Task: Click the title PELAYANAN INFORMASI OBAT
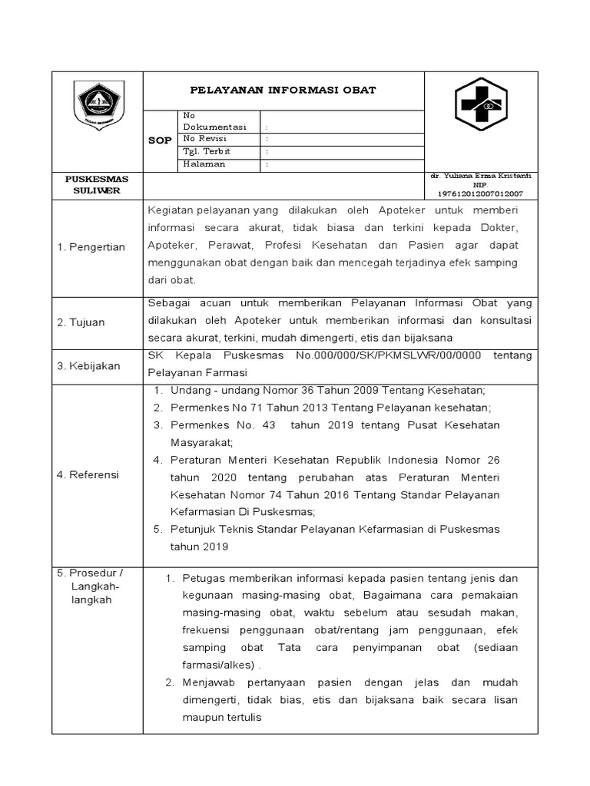[x=283, y=90]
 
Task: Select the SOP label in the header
[x=160, y=140]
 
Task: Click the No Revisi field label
[x=204, y=139]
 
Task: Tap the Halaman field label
[x=204, y=164]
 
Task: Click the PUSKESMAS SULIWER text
[x=96, y=184]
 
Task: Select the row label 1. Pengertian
[x=91, y=247]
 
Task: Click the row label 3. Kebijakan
[x=88, y=366]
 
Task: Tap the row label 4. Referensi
[x=88, y=475]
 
